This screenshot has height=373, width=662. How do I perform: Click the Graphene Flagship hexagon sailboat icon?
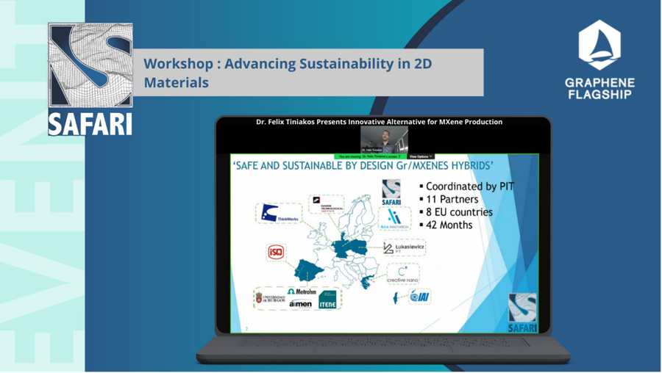click(599, 45)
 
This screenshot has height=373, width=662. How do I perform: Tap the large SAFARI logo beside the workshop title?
click(90, 79)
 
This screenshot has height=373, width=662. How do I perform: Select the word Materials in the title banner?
click(176, 83)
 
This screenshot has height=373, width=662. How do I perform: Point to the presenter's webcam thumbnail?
click(384, 140)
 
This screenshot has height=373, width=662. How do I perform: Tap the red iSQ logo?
click(276, 252)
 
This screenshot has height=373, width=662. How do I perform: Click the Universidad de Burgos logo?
click(270, 298)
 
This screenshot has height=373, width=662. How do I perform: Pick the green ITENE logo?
click(327, 300)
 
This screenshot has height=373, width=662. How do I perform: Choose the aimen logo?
click(300, 303)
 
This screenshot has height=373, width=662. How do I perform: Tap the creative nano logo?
click(403, 274)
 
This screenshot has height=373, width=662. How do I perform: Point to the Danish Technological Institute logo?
click(327, 203)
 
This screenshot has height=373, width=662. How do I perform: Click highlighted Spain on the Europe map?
click(309, 270)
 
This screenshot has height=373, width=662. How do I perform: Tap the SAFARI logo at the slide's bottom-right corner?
click(522, 312)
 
